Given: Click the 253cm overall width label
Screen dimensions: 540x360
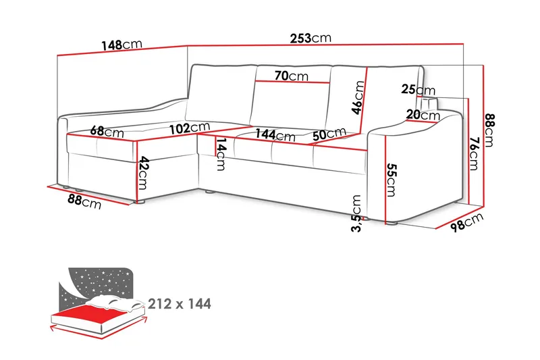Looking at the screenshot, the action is click(310, 38).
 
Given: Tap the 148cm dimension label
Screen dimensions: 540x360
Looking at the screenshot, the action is click(122, 45).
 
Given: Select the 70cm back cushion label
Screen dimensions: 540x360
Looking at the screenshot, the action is click(292, 76).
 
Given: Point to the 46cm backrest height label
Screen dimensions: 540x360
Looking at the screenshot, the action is click(358, 97).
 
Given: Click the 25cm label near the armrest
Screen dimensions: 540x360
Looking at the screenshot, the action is click(418, 90).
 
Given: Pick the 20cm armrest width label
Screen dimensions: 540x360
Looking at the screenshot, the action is click(423, 115).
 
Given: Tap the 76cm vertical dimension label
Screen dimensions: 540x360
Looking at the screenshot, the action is click(474, 153).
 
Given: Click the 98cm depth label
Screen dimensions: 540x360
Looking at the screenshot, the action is click(466, 222).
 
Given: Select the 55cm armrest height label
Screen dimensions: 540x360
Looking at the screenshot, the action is click(391, 180).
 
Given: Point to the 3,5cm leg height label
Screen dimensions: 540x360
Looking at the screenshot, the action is click(356, 213).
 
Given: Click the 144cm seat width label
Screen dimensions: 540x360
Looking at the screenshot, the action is click(275, 134).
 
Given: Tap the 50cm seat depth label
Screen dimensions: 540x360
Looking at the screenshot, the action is click(329, 134).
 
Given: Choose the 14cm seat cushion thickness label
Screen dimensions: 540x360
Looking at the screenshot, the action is click(221, 154).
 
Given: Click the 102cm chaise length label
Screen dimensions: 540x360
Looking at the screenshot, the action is click(190, 128).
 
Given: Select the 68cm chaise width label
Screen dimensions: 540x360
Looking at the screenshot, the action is click(107, 132).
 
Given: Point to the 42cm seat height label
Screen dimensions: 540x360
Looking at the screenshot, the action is click(143, 173).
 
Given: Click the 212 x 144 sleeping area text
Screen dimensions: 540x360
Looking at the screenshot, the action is click(180, 304).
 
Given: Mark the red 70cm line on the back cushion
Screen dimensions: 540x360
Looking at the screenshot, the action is click(292, 82).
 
